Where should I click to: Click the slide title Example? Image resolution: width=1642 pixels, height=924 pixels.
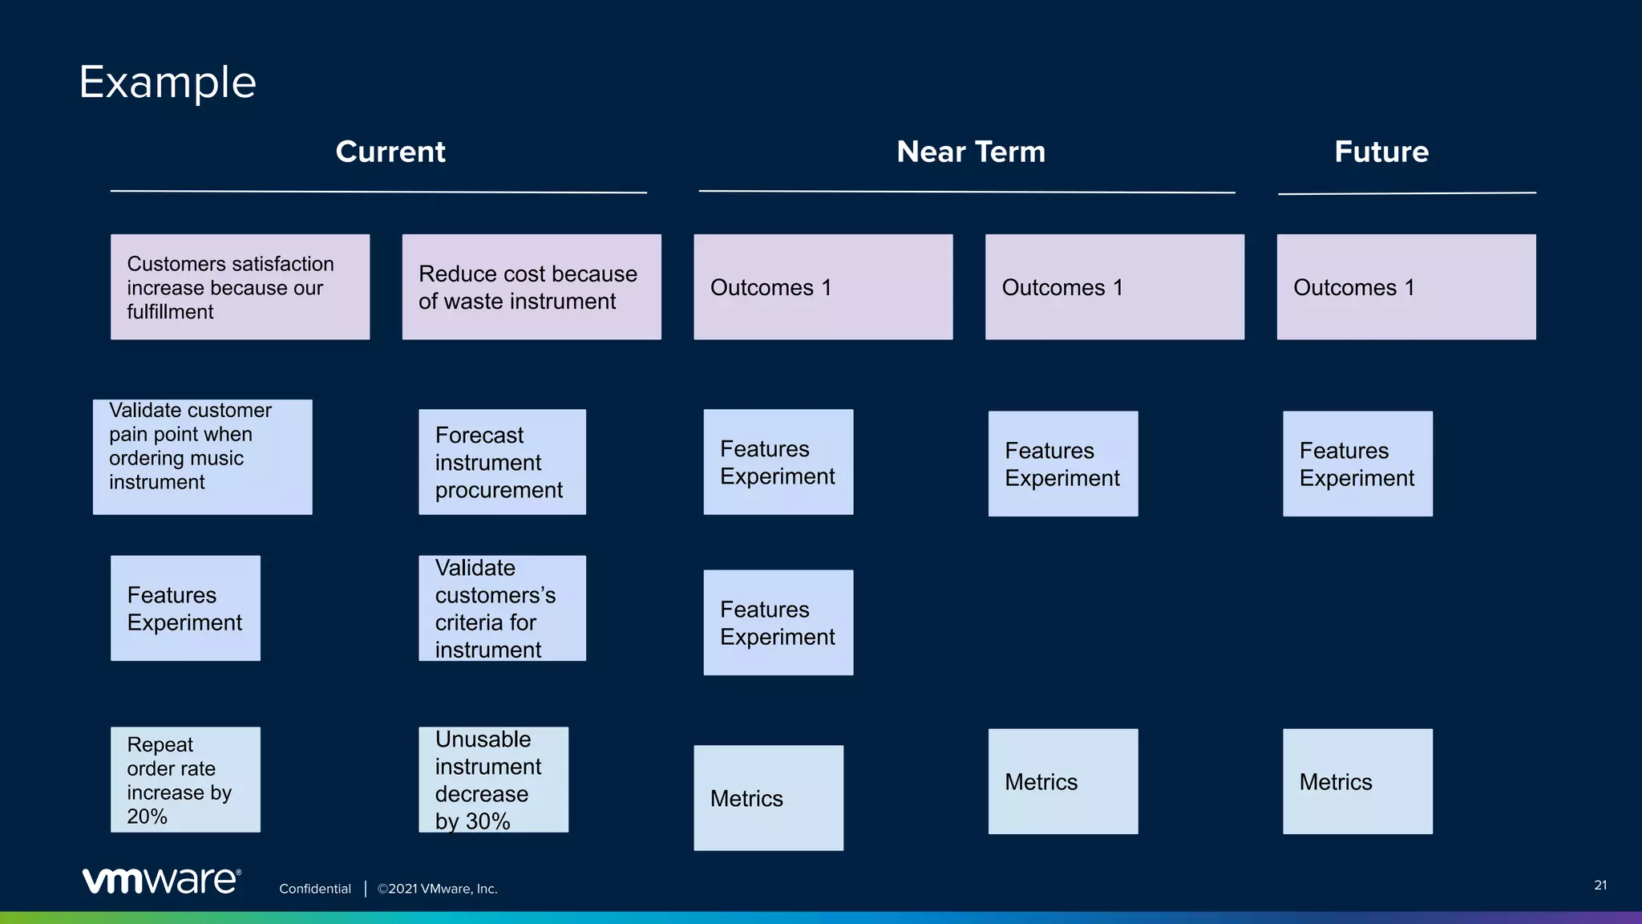(x=168, y=83)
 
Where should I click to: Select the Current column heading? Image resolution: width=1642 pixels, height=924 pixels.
(x=390, y=152)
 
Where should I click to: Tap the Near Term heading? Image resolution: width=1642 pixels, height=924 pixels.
(x=970, y=152)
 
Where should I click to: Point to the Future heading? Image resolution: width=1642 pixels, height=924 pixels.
(x=1381, y=152)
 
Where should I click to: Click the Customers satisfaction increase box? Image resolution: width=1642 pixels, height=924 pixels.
(x=240, y=287)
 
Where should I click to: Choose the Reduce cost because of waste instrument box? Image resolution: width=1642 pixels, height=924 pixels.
(x=532, y=287)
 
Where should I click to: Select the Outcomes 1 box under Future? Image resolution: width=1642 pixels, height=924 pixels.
(x=1406, y=287)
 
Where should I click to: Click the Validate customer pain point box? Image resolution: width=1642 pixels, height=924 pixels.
(x=202, y=456)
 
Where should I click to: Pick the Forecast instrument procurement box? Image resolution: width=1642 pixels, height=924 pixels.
(x=502, y=462)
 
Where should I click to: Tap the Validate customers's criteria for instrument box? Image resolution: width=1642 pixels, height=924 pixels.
(x=502, y=608)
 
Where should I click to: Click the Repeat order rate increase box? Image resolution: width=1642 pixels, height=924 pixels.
(x=185, y=780)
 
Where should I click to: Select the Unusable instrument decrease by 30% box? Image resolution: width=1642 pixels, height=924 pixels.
(x=493, y=780)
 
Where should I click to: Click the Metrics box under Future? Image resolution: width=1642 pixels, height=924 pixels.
(x=1357, y=781)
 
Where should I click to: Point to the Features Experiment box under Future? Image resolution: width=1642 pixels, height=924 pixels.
(x=1357, y=464)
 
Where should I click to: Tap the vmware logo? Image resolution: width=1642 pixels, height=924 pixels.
(x=161, y=881)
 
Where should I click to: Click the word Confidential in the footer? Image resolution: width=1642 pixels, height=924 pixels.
(x=315, y=889)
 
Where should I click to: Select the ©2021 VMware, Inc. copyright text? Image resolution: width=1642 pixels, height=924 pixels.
(x=438, y=889)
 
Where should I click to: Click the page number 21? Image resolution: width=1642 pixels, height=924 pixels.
(x=1600, y=885)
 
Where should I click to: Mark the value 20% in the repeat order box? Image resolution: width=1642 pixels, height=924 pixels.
(x=148, y=817)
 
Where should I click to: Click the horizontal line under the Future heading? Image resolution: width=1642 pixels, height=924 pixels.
(x=1406, y=193)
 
